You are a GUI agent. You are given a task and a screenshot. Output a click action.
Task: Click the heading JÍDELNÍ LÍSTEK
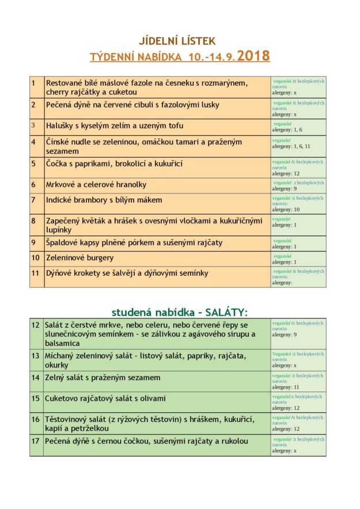point(177,41)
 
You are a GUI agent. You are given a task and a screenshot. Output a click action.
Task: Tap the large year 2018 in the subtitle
point(253,56)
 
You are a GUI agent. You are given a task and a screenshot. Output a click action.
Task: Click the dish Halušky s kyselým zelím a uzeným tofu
point(115,126)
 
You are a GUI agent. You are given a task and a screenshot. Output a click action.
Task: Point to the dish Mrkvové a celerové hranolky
point(96,185)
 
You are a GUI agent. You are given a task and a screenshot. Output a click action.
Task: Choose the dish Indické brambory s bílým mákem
point(104,200)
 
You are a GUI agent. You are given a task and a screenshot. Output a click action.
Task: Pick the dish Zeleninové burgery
point(80,258)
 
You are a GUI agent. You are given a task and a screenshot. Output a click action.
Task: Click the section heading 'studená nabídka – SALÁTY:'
point(179,312)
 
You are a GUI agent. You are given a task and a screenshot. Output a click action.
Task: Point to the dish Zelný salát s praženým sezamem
point(94,378)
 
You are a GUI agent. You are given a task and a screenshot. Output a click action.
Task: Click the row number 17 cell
point(36,442)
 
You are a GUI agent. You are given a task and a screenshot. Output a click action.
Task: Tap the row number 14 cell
point(36,378)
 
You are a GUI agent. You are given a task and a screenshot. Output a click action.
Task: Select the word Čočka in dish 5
point(58,164)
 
